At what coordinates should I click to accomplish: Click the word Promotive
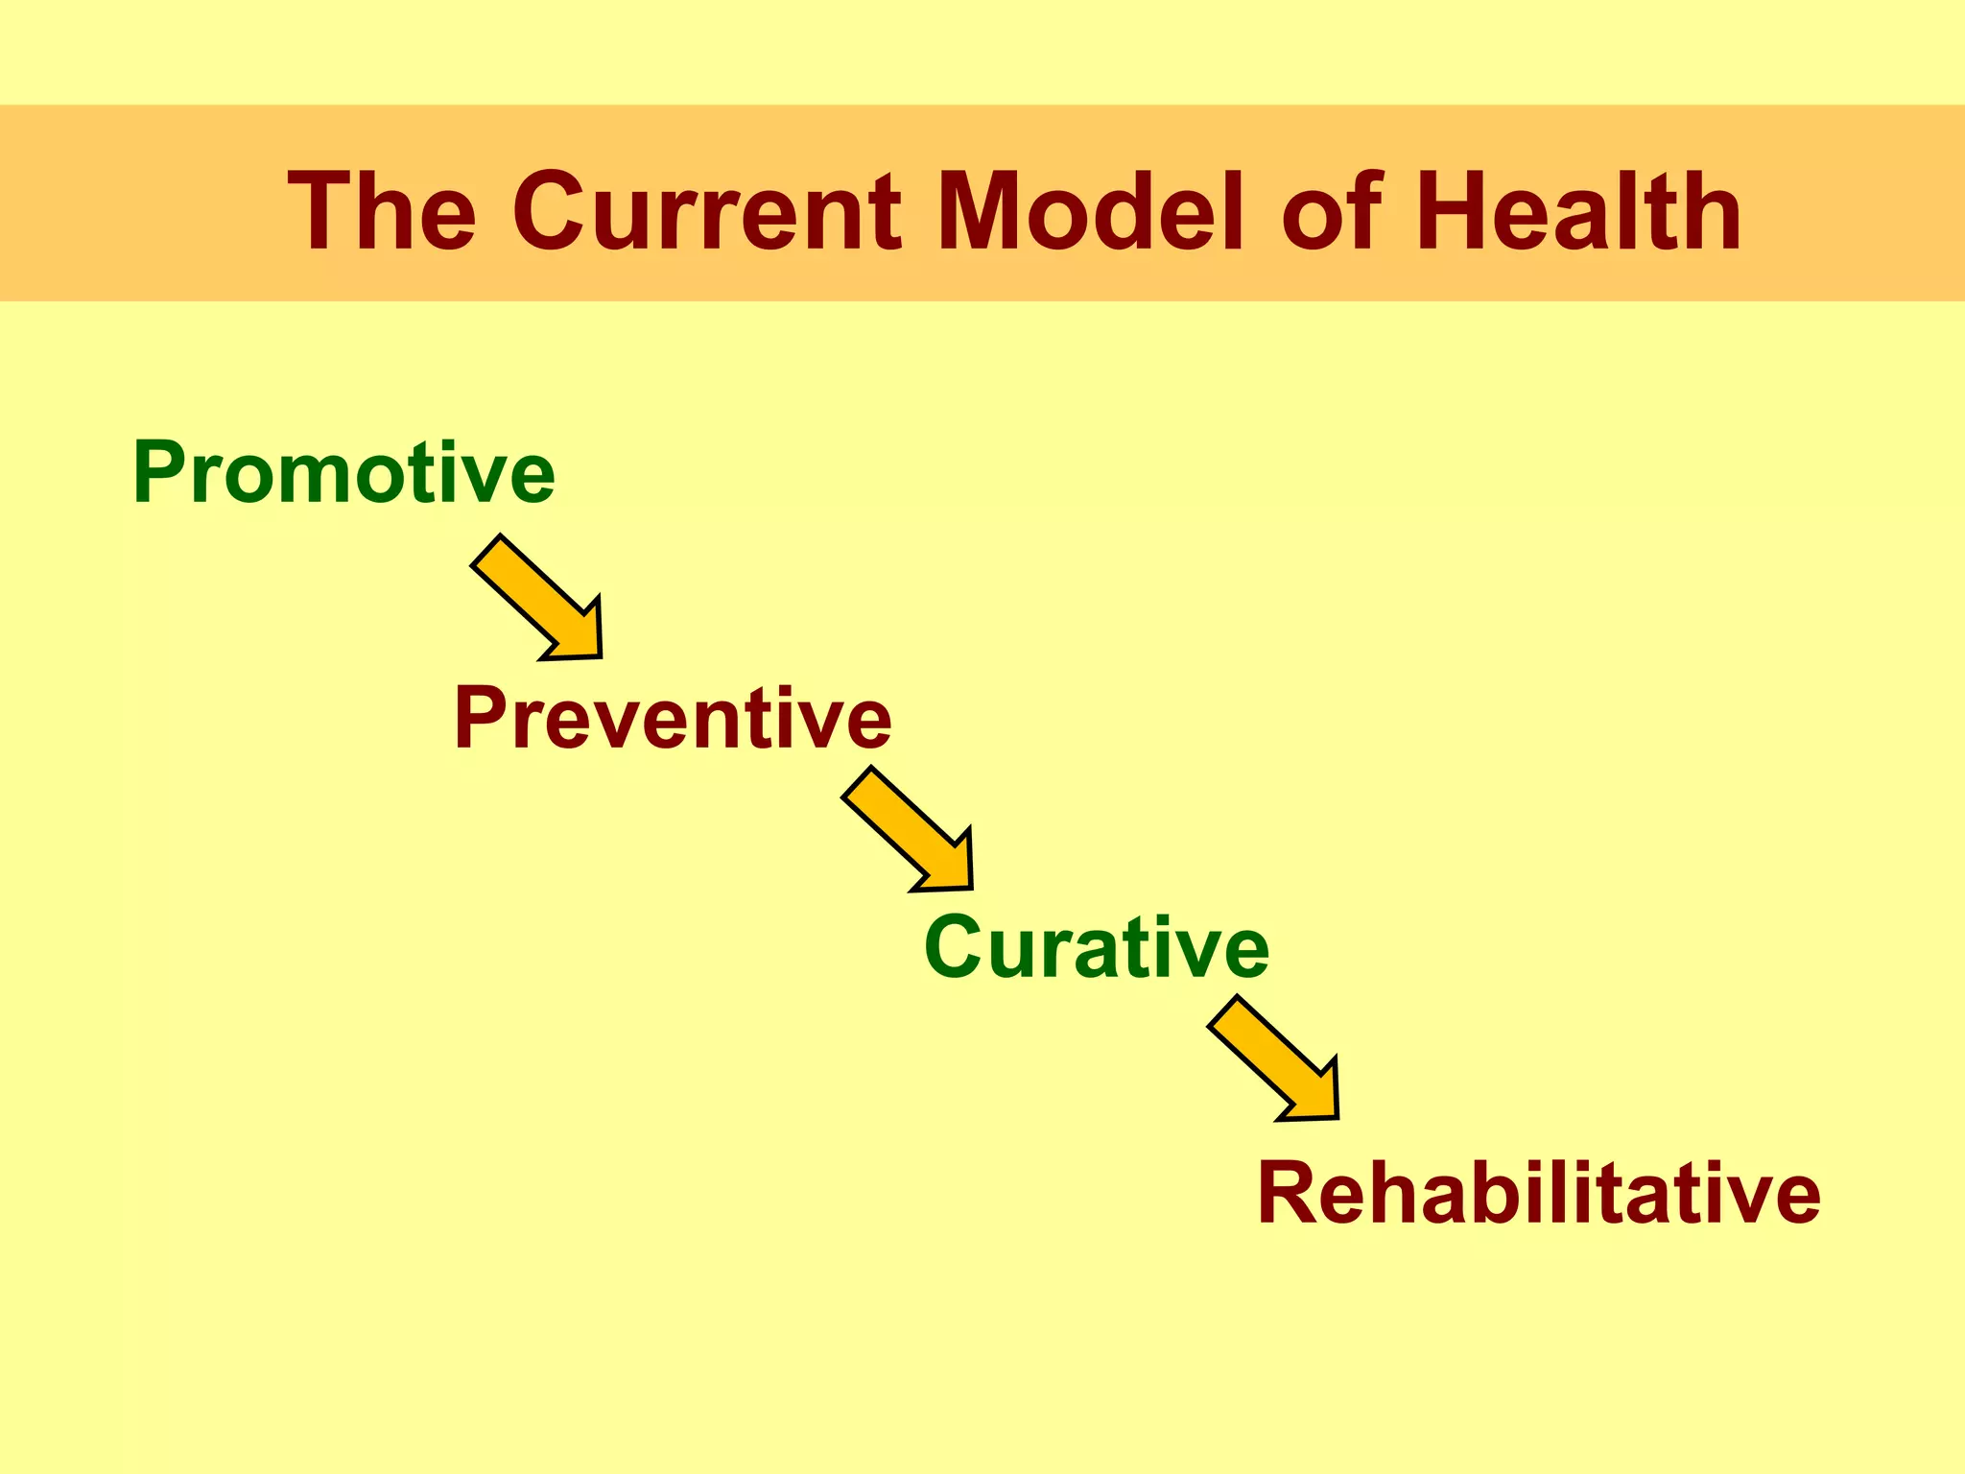[x=343, y=472]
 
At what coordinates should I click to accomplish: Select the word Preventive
[x=672, y=718]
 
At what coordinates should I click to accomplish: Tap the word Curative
[x=1096, y=948]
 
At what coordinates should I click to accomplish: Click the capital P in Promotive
[x=159, y=471]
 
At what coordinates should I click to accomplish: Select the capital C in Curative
[x=953, y=948]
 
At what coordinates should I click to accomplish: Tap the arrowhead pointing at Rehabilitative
[x=1314, y=1095]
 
